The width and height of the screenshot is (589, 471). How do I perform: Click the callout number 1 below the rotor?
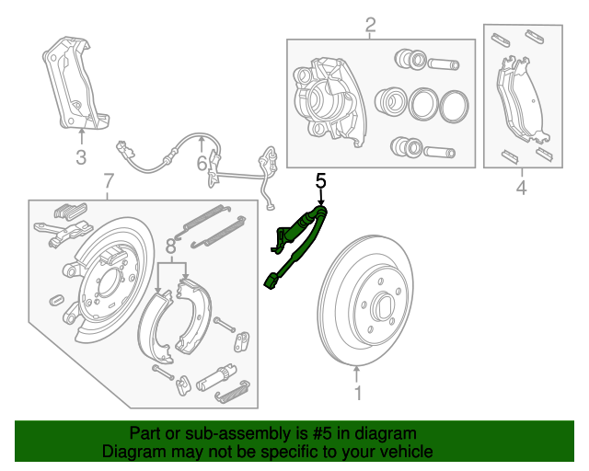click(358, 394)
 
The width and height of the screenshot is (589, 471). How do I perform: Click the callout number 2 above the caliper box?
click(371, 26)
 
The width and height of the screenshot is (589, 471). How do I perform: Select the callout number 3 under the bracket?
click(81, 157)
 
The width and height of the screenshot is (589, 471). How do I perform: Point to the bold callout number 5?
click(321, 180)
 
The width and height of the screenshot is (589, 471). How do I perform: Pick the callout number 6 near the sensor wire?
click(202, 165)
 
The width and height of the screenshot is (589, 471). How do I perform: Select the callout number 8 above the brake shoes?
click(170, 246)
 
